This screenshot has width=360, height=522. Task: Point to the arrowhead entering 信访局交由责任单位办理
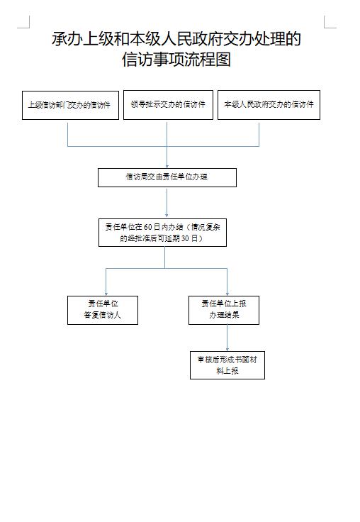coord(167,166)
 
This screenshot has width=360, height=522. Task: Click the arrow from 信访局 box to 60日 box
coord(167,203)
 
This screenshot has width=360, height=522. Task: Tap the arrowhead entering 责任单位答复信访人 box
coord(106,294)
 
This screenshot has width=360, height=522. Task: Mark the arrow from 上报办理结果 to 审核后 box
coord(227,338)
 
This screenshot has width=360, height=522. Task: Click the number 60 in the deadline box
coord(147,227)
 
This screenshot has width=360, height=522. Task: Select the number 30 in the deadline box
coord(186,238)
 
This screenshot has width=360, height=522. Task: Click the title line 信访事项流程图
coord(176,60)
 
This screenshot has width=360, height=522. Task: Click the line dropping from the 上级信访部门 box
coord(68,135)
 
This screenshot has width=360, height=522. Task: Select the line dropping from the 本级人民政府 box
coord(259,135)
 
